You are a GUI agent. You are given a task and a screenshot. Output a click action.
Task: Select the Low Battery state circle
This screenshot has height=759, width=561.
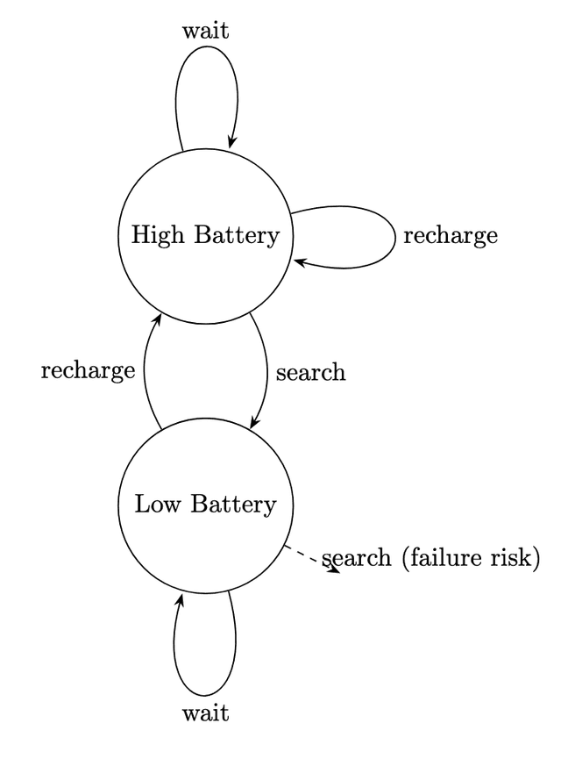[205, 535]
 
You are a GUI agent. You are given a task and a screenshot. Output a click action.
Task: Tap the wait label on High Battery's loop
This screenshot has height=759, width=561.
[206, 32]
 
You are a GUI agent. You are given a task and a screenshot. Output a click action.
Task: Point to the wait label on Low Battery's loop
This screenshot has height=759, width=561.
[206, 712]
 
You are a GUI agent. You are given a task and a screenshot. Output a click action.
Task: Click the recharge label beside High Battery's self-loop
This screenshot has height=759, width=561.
[450, 236]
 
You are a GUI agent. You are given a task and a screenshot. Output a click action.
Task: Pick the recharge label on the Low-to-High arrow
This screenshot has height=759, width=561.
[88, 371]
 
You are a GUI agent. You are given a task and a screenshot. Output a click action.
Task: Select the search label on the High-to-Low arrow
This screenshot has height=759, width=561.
[310, 372]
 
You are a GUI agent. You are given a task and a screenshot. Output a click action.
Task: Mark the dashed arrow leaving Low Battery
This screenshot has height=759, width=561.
[309, 558]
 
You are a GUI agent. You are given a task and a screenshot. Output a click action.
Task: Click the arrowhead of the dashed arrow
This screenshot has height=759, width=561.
[334, 569]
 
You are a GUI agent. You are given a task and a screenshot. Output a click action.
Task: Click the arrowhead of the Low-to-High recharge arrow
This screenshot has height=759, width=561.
[159, 317]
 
